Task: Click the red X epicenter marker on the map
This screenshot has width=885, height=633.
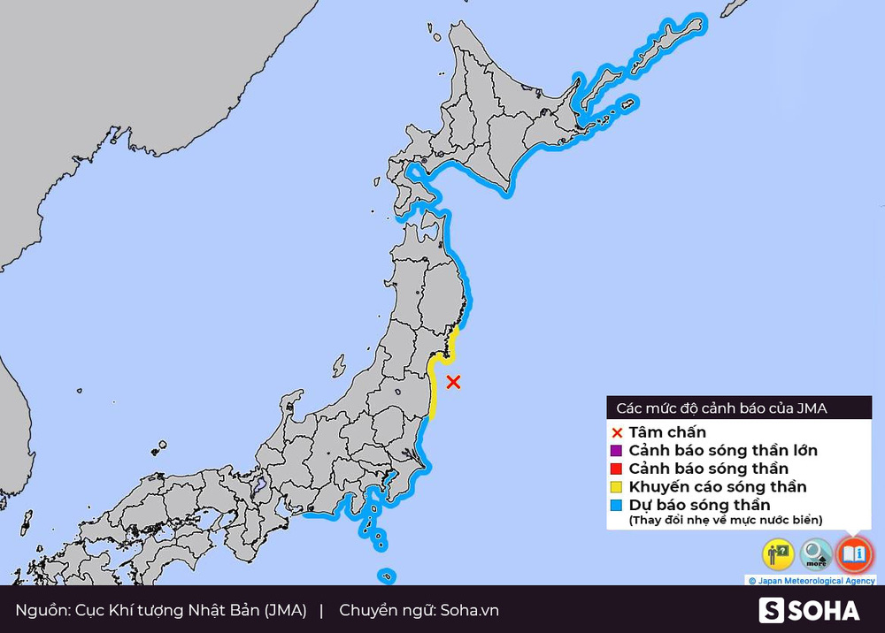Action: [x=453, y=382]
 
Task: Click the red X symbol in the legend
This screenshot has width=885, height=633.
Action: [x=618, y=432]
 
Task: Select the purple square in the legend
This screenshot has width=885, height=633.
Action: [x=618, y=451]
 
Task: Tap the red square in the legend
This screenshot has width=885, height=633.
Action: [x=618, y=469]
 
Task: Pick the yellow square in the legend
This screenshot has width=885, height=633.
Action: [x=618, y=487]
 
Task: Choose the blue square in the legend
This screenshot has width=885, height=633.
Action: [x=618, y=505]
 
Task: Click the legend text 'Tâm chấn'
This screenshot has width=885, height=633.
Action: [x=667, y=432]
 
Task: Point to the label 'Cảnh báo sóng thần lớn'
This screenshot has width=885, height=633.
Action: [x=722, y=451]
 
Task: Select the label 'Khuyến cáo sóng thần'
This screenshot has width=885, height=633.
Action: [x=717, y=487]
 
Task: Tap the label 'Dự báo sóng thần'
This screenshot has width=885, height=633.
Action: [x=699, y=505]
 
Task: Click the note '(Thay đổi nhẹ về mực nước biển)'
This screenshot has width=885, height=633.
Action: [x=726, y=520]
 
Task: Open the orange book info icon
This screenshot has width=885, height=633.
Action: [x=854, y=554]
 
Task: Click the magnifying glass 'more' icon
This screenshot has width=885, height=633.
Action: [x=816, y=554]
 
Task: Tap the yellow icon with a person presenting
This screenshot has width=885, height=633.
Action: [x=778, y=554]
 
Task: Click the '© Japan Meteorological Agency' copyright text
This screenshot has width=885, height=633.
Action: [x=812, y=581]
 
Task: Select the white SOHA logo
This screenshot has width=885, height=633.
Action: [x=809, y=610]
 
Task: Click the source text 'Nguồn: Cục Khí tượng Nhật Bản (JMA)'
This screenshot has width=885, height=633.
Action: [x=161, y=610]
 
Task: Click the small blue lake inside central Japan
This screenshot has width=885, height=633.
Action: [x=258, y=485]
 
